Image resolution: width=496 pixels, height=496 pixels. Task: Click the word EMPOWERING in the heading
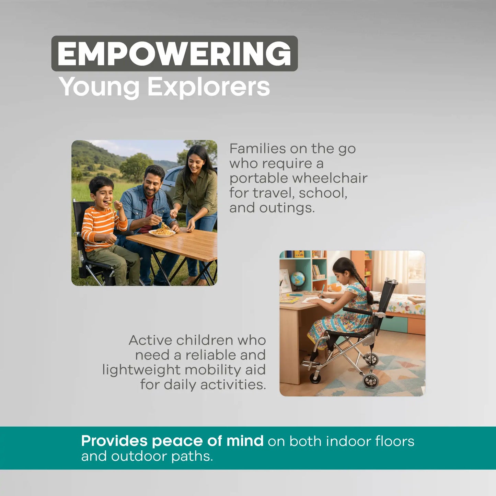pyautogui.click(x=174, y=54)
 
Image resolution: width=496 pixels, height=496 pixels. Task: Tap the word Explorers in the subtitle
pyautogui.click(x=208, y=87)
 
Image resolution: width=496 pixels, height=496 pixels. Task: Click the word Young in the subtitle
pyautogui.click(x=99, y=87)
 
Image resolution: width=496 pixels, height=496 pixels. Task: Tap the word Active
pyautogui.click(x=150, y=340)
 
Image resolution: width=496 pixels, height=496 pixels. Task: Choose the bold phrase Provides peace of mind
pyautogui.click(x=172, y=441)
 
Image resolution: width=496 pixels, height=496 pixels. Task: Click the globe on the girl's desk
pyautogui.click(x=298, y=279)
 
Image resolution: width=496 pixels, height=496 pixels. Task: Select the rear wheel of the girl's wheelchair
pyautogui.click(x=371, y=380)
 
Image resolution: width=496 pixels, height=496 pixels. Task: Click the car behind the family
pyautogui.click(x=170, y=182)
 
